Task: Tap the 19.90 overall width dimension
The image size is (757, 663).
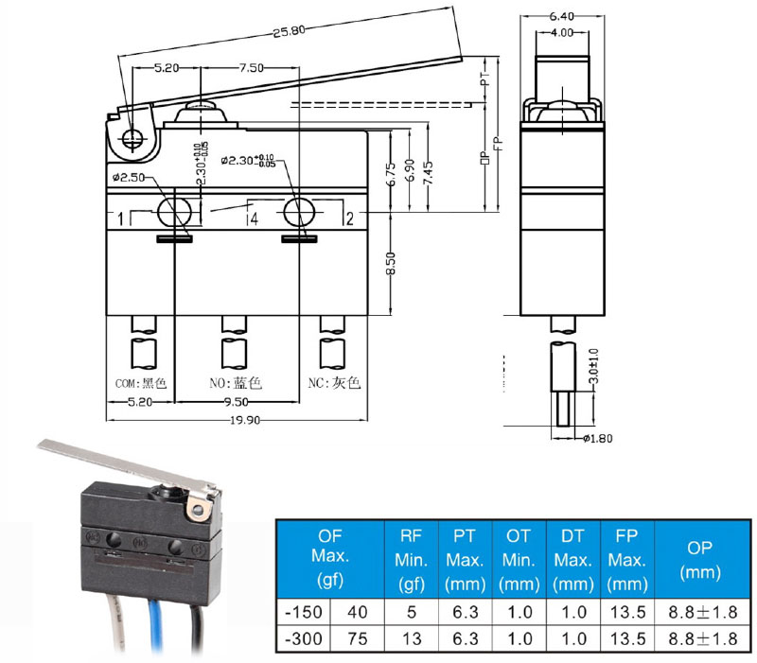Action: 235,421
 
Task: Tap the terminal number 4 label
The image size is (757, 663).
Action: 254,219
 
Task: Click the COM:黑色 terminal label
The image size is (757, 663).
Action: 140,383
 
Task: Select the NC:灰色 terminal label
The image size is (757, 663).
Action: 334,383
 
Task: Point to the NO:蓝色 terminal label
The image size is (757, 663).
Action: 235,383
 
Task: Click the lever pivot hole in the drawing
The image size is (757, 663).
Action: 132,139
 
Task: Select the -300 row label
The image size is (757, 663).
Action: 304,638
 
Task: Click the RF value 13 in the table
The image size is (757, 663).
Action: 411,638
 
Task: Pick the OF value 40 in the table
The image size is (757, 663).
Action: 358,611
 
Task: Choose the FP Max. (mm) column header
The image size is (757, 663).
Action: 626,560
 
